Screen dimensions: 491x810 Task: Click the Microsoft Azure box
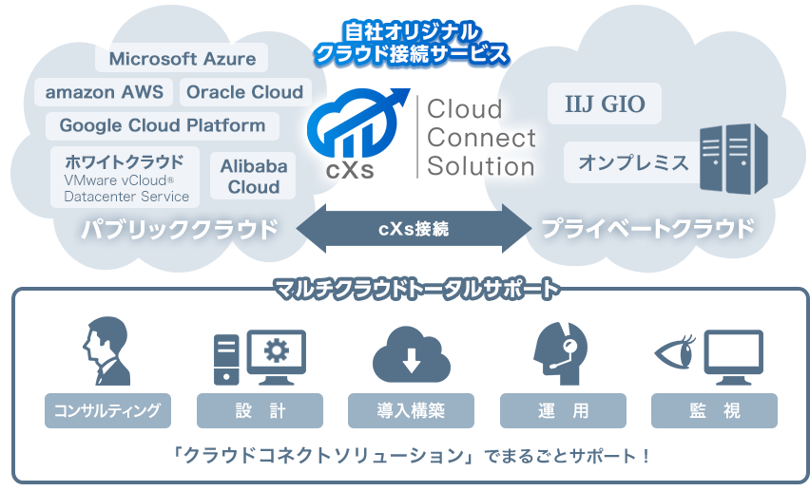182,59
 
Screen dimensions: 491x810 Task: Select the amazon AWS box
104,92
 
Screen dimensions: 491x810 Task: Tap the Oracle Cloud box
244,92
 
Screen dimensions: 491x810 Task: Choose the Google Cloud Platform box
163,125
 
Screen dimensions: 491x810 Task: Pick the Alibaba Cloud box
254,177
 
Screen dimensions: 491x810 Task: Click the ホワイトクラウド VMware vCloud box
125,177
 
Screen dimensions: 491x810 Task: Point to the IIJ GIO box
605,104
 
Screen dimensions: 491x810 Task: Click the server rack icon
734,159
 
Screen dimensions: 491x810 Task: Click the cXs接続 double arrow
414,229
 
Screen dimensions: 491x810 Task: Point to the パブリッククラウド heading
180,229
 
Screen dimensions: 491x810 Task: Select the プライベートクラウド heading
647,229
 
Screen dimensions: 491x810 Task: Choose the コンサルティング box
107,411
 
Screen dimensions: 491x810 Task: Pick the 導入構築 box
411,411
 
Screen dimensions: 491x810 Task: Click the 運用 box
563,411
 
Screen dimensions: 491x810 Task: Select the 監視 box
714,411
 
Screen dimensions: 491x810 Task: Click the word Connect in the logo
481,138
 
